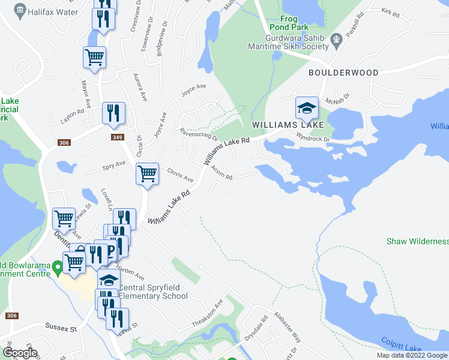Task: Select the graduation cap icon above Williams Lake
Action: (x=307, y=109)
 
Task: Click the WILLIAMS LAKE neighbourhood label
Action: (x=288, y=125)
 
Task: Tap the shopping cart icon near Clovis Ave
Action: (x=147, y=175)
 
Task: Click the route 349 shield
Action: (x=118, y=137)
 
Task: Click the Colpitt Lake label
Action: (x=402, y=344)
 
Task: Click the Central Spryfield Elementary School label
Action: (x=154, y=292)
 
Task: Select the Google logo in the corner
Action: (x=20, y=352)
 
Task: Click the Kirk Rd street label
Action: (x=390, y=11)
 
